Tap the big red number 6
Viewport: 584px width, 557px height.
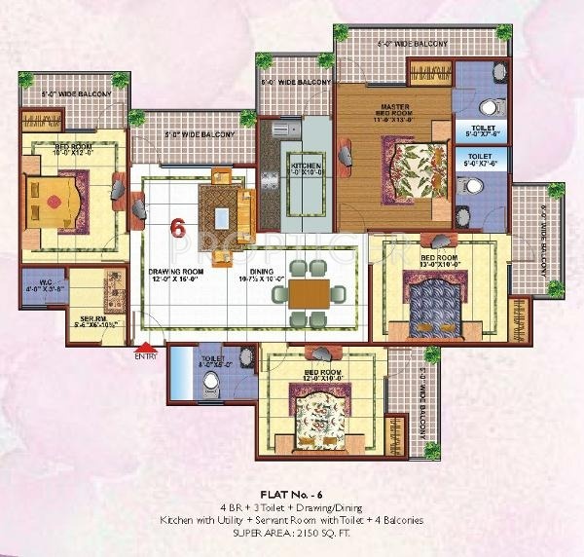click(177, 228)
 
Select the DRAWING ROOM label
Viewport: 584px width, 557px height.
click(175, 273)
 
